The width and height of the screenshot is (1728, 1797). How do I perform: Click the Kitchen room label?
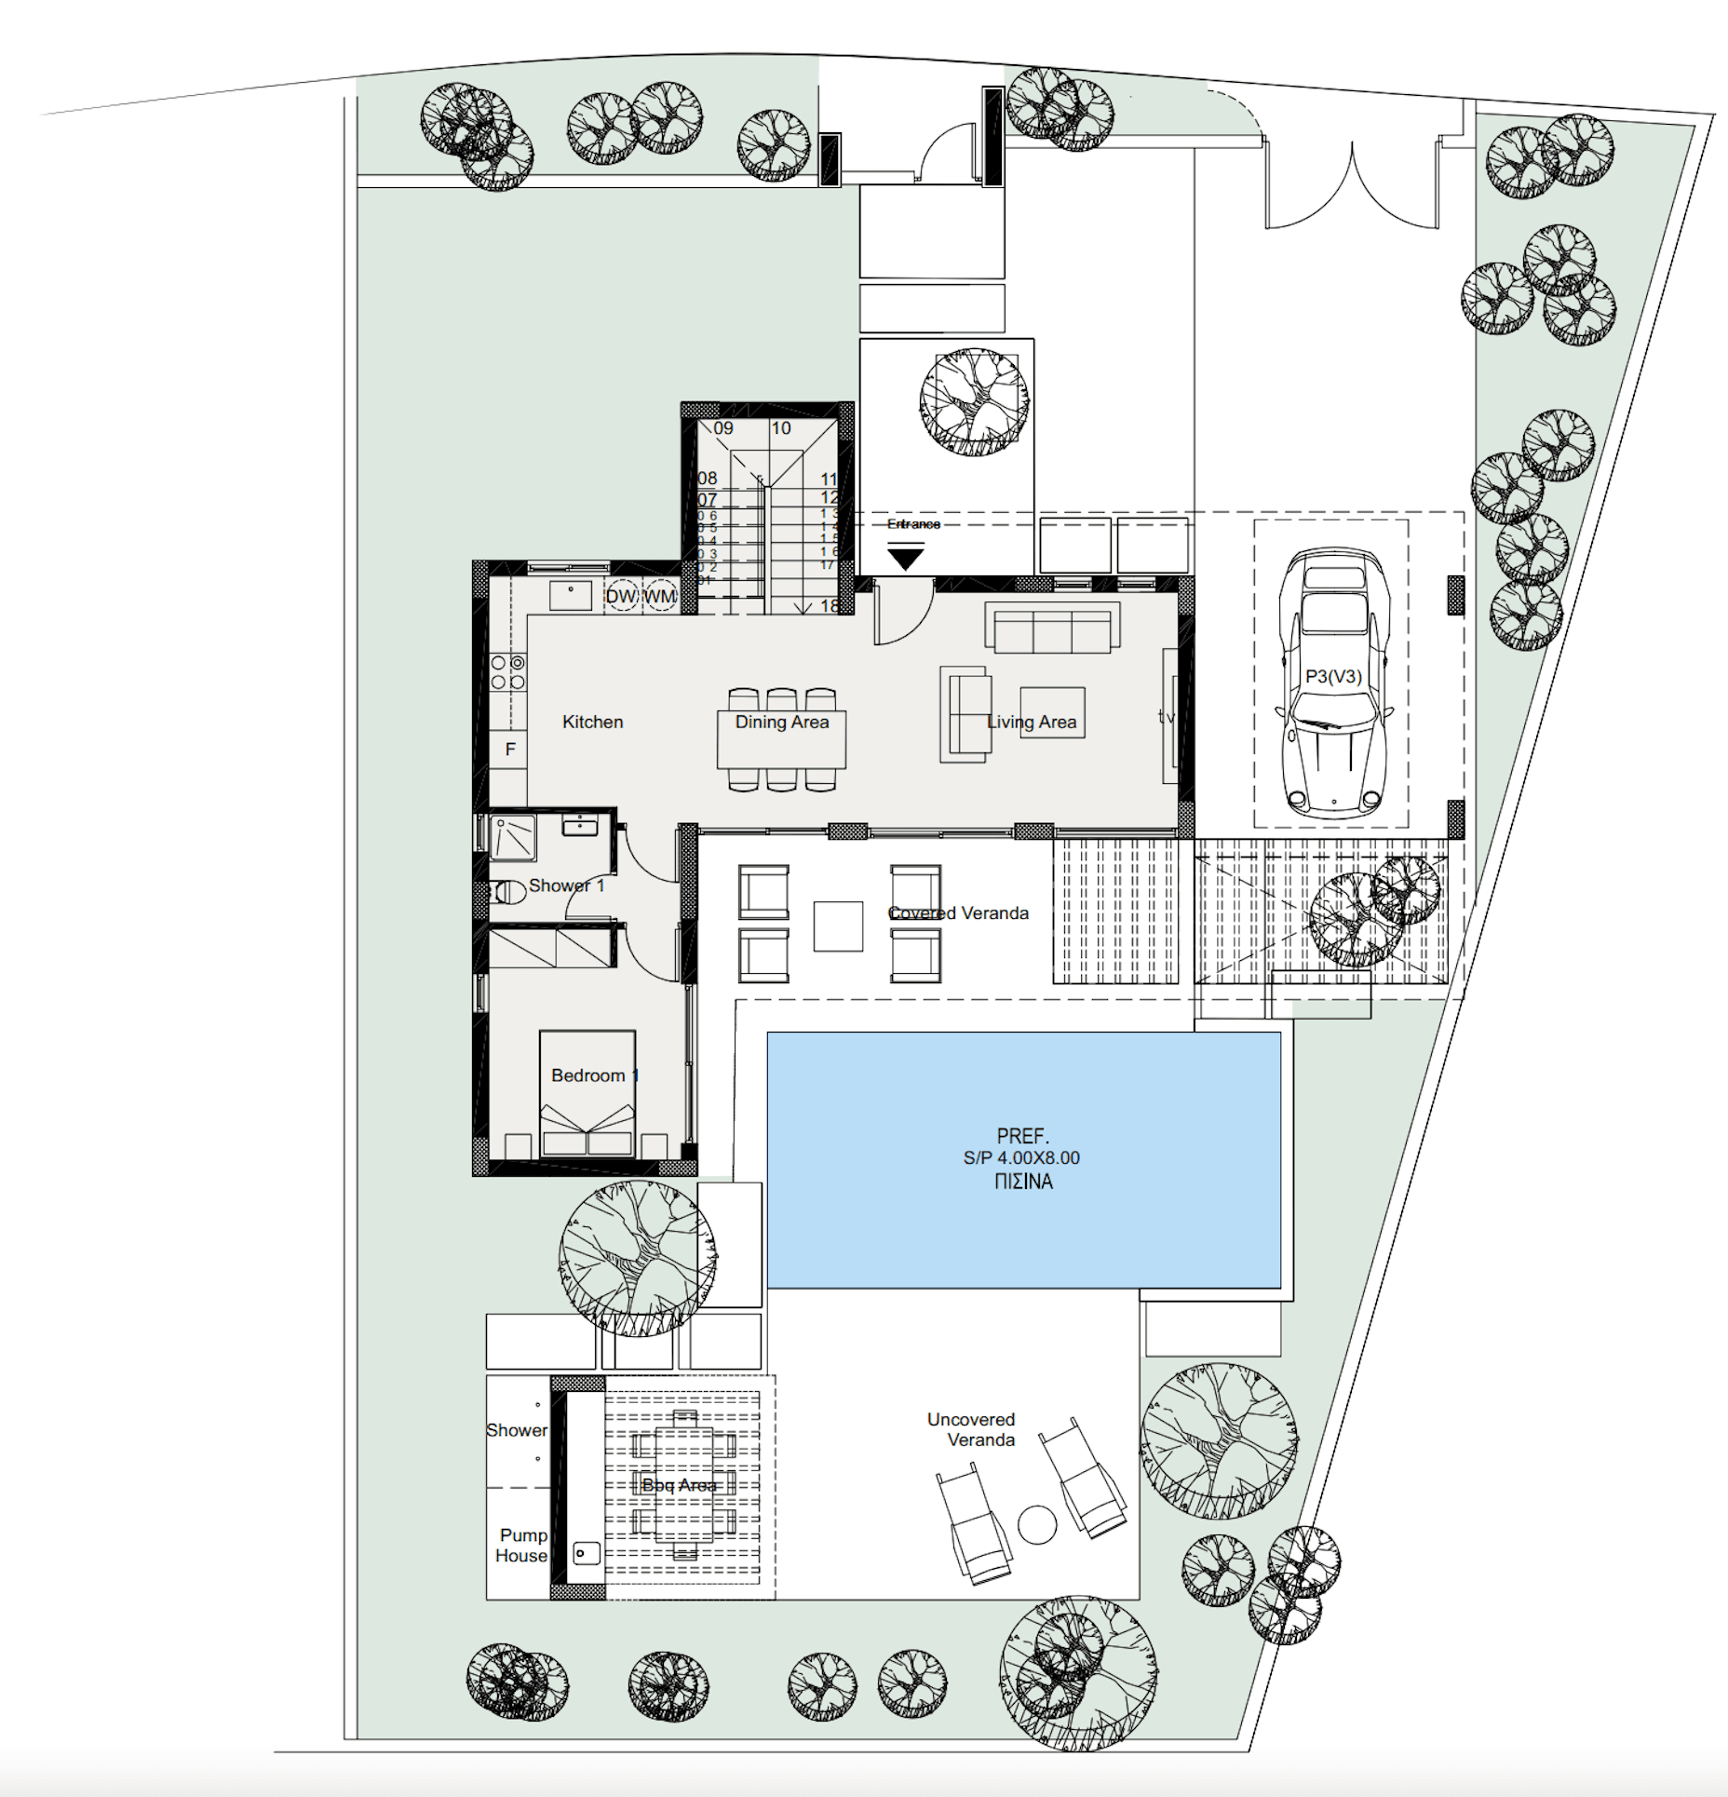point(592,722)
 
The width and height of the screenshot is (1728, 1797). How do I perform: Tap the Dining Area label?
point(781,722)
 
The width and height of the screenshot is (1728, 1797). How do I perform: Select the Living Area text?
point(1031,722)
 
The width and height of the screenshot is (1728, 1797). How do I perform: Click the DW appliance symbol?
point(621,596)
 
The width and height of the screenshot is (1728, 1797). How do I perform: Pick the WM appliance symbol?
point(660,596)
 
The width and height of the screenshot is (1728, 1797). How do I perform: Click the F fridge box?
point(509,749)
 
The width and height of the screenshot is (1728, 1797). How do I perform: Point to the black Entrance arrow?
point(905,558)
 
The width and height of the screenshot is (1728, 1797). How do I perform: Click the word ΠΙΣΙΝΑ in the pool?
point(1023,1182)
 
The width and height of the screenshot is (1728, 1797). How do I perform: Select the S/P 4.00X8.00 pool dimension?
point(1021,1157)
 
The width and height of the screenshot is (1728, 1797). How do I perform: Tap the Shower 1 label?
point(566,885)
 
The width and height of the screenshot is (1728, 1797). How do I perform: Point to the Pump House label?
point(521,1545)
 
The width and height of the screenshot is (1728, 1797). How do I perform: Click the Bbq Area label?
point(679,1485)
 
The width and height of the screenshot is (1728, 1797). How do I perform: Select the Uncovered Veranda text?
point(971,1429)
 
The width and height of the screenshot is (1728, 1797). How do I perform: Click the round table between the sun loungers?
point(1037,1524)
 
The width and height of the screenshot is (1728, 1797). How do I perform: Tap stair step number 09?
point(723,428)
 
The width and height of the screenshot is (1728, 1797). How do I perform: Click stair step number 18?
point(830,606)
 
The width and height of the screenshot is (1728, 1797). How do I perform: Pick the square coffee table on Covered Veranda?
point(838,926)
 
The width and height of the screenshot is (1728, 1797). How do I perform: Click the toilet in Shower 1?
point(508,892)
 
